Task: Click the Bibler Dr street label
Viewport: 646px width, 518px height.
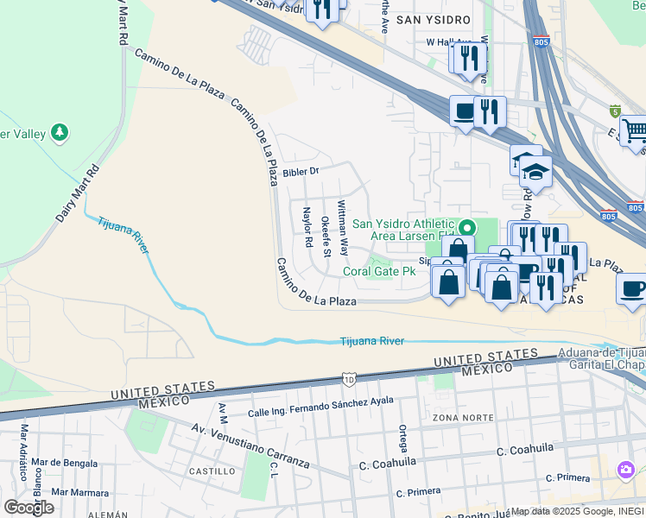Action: (x=301, y=172)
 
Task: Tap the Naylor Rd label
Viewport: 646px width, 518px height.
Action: (x=307, y=227)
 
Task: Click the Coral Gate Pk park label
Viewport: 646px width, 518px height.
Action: (x=380, y=271)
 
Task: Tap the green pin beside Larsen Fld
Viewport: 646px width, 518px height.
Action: (x=467, y=229)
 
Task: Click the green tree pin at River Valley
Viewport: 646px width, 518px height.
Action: (x=60, y=133)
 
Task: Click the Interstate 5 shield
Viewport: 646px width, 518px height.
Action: (x=615, y=111)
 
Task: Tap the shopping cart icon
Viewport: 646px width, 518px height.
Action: (x=634, y=131)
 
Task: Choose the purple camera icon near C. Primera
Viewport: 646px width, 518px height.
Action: (x=624, y=469)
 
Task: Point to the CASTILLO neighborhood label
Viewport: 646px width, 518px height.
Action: (x=212, y=471)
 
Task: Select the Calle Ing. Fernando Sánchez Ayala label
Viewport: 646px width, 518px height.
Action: (x=321, y=406)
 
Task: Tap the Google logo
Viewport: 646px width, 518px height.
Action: (x=28, y=508)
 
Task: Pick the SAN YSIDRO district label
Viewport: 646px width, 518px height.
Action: (x=433, y=19)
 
